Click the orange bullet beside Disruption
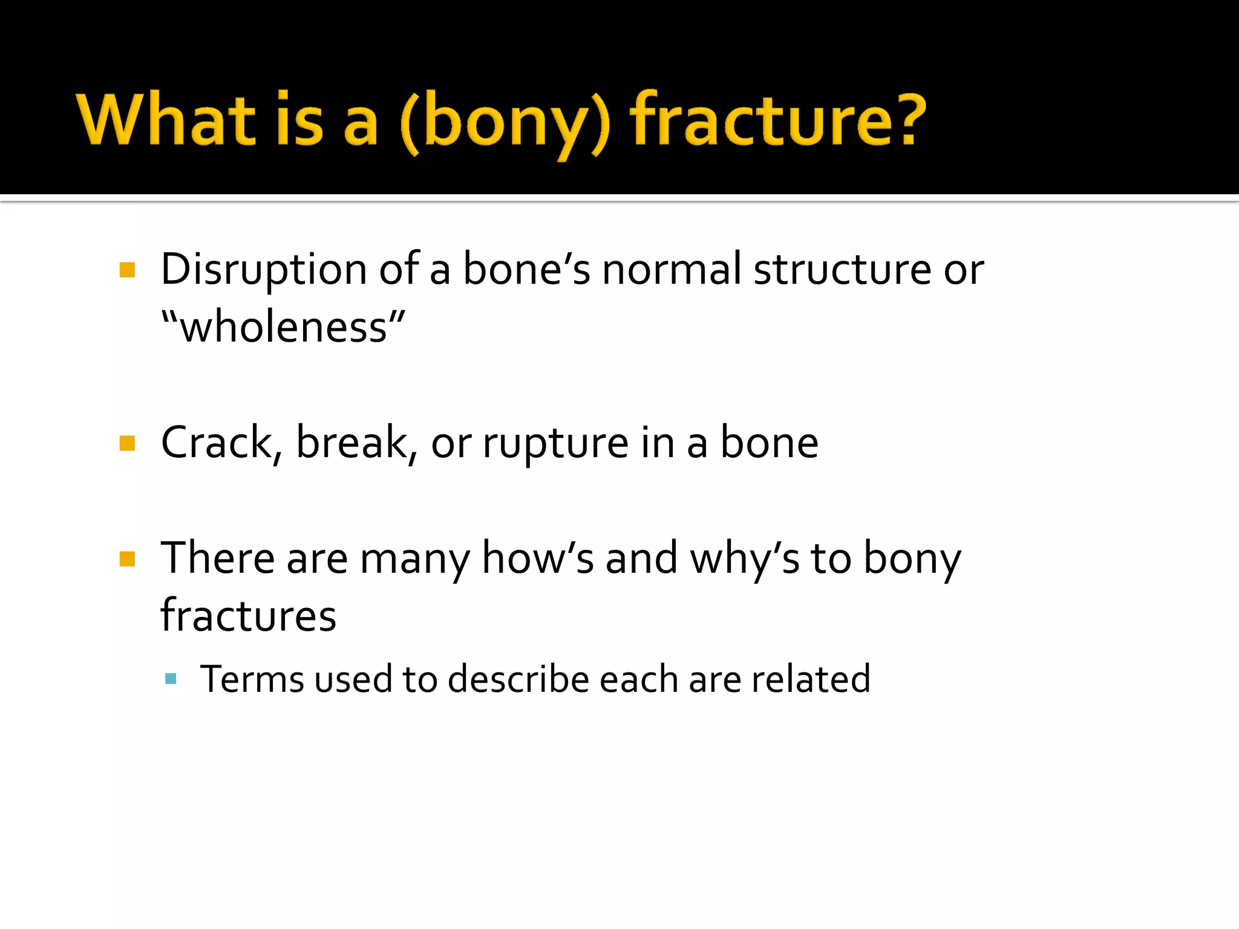[127, 270]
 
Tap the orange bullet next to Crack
[127, 444]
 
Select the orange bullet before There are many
[127, 559]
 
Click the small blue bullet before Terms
[171, 679]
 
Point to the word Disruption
[264, 269]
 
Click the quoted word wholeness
[283, 327]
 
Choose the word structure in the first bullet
[842, 269]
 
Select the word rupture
[555, 445]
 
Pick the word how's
[537, 558]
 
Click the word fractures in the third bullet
[248, 616]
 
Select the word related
[811, 679]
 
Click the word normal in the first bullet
[671, 269]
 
